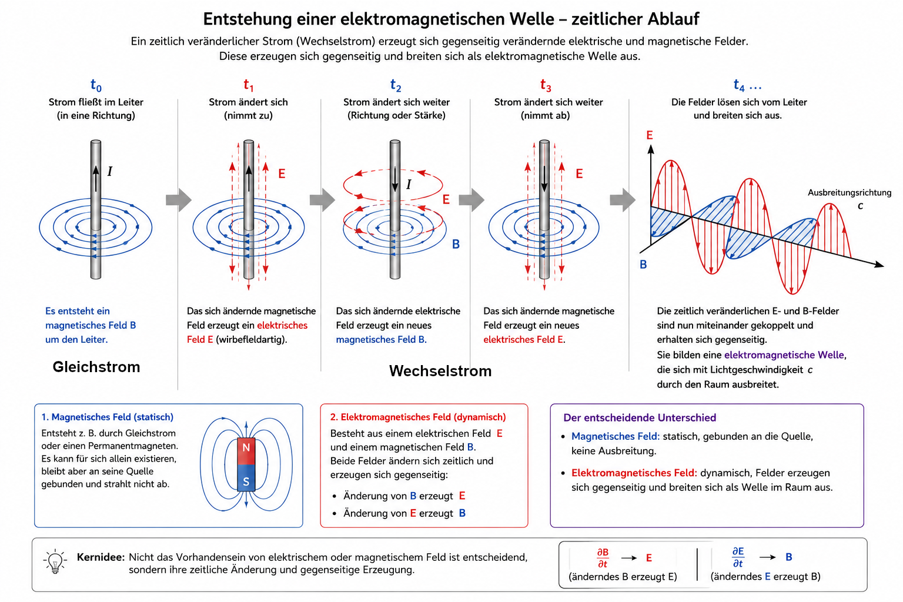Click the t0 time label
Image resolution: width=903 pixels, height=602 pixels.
click(96, 85)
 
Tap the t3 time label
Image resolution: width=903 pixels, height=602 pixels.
click(546, 85)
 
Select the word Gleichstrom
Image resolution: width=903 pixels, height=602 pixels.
click(96, 367)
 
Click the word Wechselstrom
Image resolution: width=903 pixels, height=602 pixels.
click(440, 371)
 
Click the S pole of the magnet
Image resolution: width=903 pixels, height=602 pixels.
click(246, 478)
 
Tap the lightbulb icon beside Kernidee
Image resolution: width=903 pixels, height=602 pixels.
click(55, 561)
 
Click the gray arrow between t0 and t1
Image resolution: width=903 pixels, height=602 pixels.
click(179, 200)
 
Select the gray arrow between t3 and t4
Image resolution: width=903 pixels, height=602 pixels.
click(623, 200)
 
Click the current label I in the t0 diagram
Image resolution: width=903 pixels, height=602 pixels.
click(110, 171)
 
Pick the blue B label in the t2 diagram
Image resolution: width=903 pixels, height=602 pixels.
click(456, 244)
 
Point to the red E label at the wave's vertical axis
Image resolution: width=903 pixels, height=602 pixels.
click(650, 135)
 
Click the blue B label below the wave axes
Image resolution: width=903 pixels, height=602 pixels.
click(643, 265)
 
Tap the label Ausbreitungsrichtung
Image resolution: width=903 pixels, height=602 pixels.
click(850, 193)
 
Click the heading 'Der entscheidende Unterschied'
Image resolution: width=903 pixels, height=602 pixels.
click(640, 418)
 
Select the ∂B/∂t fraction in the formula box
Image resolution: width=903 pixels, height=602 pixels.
click(603, 558)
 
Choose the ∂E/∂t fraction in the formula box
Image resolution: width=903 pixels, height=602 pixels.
click(738, 557)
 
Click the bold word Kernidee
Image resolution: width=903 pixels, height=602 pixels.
click(101, 557)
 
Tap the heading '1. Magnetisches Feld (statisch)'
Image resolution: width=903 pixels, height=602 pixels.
click(107, 417)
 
